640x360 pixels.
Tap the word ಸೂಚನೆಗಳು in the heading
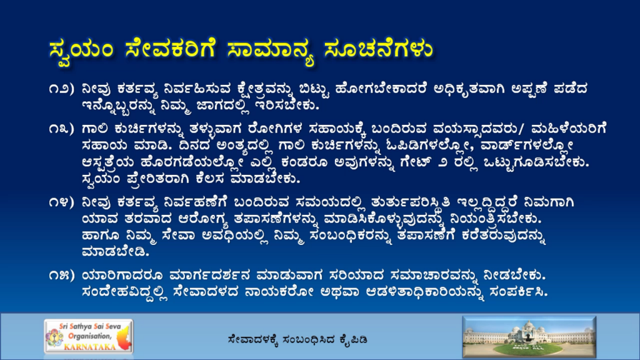tap(378, 50)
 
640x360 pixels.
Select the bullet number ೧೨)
tap(62, 89)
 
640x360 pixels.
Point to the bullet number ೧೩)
tap(62, 129)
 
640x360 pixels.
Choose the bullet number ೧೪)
tap(62, 202)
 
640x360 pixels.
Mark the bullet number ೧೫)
tap(62, 276)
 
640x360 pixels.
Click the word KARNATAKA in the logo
tap(90, 347)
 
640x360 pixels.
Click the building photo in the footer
tap(529, 337)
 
